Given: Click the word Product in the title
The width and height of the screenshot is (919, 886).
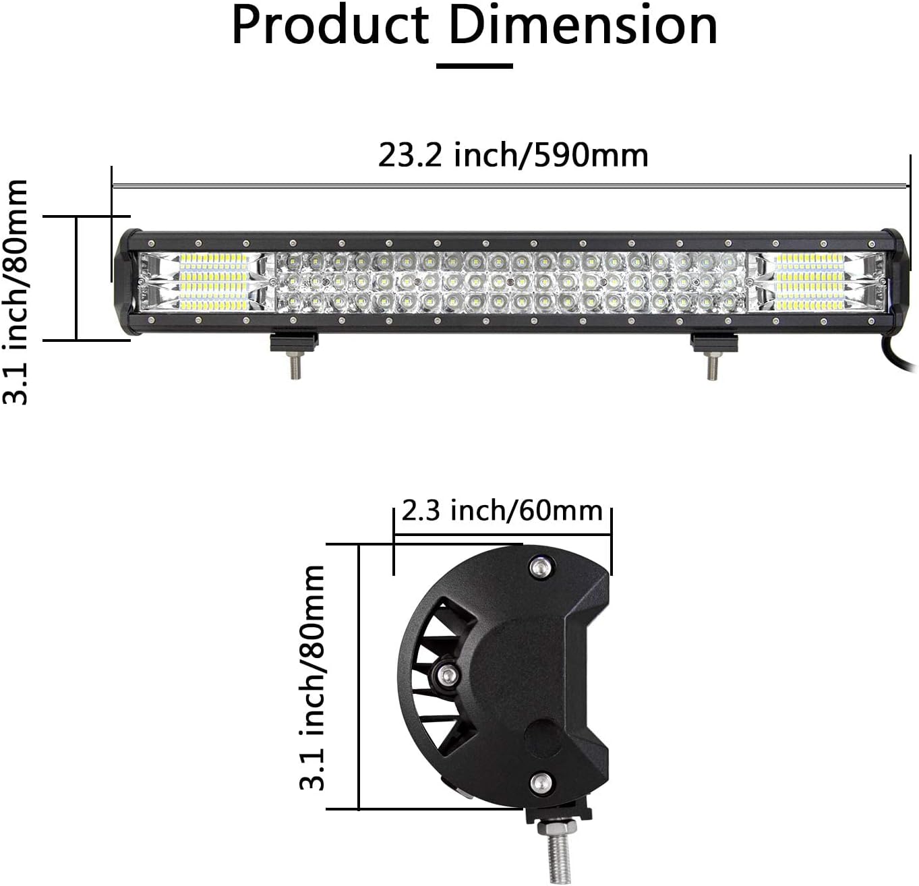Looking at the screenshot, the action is point(330,26).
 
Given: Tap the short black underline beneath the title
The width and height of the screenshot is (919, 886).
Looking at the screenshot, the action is point(474,66).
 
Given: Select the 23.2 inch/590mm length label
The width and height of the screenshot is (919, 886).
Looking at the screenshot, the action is point(513,155).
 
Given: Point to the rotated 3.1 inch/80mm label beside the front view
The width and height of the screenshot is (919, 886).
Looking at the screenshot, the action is point(16,291).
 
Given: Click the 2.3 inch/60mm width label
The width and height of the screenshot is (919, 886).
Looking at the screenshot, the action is point(502,511).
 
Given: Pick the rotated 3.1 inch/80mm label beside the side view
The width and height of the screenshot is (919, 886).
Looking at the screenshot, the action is point(312,678).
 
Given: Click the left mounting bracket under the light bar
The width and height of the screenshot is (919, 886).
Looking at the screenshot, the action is point(293,341).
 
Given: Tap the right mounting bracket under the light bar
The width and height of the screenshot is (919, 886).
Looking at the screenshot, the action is point(713,341).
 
